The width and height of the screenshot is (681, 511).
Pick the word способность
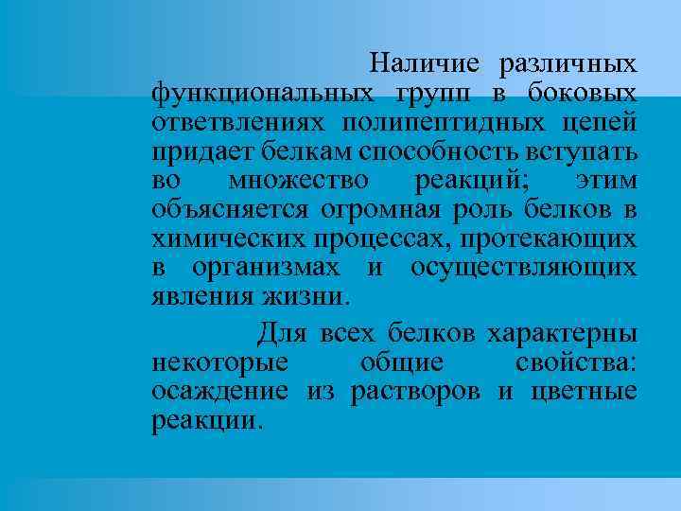(x=431, y=153)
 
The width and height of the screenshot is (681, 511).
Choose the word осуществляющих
(x=522, y=270)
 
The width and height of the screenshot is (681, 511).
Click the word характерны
(x=562, y=334)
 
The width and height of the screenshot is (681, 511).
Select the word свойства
(x=576, y=363)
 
